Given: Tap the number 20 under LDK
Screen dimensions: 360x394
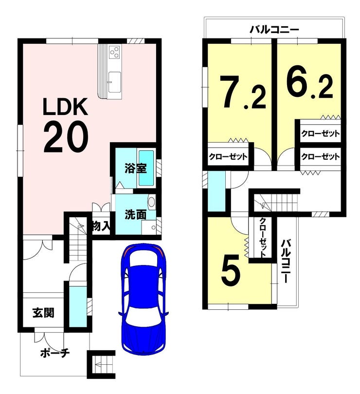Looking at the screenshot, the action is click(66, 137).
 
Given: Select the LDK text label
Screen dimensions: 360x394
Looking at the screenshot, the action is click(66, 106).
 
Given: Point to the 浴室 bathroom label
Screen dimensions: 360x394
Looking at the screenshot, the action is click(136, 169).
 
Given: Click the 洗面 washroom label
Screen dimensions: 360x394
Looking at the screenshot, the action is click(136, 215).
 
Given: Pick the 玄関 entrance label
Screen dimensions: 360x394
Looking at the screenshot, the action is click(43, 313).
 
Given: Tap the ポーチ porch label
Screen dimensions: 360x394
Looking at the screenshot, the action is click(55, 353).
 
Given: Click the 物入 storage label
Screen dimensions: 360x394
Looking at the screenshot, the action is click(101, 226).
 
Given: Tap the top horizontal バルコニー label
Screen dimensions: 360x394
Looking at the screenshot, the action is click(274, 30).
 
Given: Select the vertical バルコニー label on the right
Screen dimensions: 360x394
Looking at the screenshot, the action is click(285, 261).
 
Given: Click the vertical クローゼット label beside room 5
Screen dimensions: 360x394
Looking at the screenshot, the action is click(263, 237).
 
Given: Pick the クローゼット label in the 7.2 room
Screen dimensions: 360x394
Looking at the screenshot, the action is click(228, 156).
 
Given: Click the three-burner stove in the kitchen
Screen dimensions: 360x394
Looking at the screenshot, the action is click(115, 52).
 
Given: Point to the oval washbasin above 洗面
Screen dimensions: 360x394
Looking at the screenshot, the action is click(151, 202).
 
